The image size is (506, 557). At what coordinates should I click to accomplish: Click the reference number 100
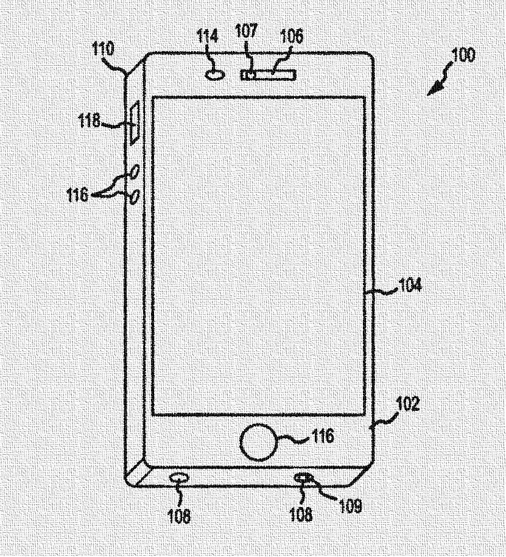point(463,55)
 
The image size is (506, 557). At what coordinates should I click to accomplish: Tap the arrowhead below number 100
point(434,89)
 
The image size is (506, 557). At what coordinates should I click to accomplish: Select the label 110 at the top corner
point(104,49)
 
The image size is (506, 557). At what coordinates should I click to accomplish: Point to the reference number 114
point(208,37)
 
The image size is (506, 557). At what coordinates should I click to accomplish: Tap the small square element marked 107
point(249,75)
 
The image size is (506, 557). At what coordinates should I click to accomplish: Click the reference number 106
point(290,37)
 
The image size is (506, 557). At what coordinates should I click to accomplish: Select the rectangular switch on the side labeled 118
point(133,124)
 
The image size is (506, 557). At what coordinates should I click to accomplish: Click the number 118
point(90,121)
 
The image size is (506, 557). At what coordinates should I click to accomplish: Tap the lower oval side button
point(135,197)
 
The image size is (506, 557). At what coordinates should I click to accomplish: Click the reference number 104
point(409,285)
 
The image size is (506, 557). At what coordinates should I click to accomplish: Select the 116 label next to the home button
point(322,435)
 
